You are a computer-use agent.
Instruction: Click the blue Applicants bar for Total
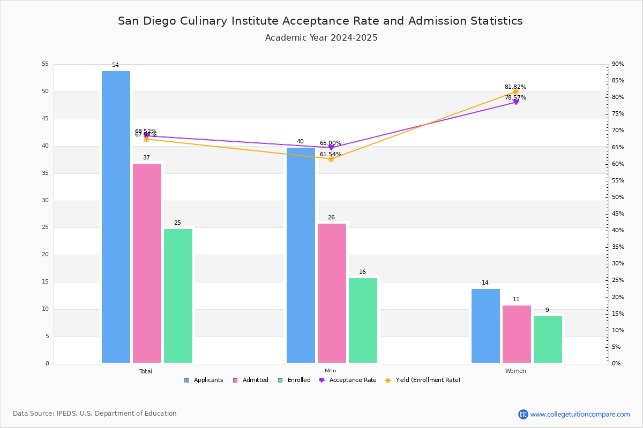(116, 217)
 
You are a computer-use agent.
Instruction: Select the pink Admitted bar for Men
(332, 293)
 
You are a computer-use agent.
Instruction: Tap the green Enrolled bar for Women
(548, 339)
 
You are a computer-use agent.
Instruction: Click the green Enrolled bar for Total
(178, 296)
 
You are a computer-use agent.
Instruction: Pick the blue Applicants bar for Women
(485, 326)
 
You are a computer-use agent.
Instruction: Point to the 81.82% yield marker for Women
(515, 91)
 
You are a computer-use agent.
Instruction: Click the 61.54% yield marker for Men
(331, 159)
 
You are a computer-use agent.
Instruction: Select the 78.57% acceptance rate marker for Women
(515, 102)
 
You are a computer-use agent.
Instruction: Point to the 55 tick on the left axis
(45, 64)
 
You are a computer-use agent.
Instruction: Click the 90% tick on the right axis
(618, 64)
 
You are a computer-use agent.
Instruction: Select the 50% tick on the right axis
(618, 197)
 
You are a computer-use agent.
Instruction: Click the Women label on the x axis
(515, 371)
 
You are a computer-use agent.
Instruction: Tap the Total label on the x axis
(146, 371)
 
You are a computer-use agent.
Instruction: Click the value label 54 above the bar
(115, 65)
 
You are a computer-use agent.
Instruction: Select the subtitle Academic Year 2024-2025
(322, 38)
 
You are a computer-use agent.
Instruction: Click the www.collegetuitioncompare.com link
(580, 414)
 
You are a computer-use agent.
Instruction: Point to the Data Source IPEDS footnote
(95, 414)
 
